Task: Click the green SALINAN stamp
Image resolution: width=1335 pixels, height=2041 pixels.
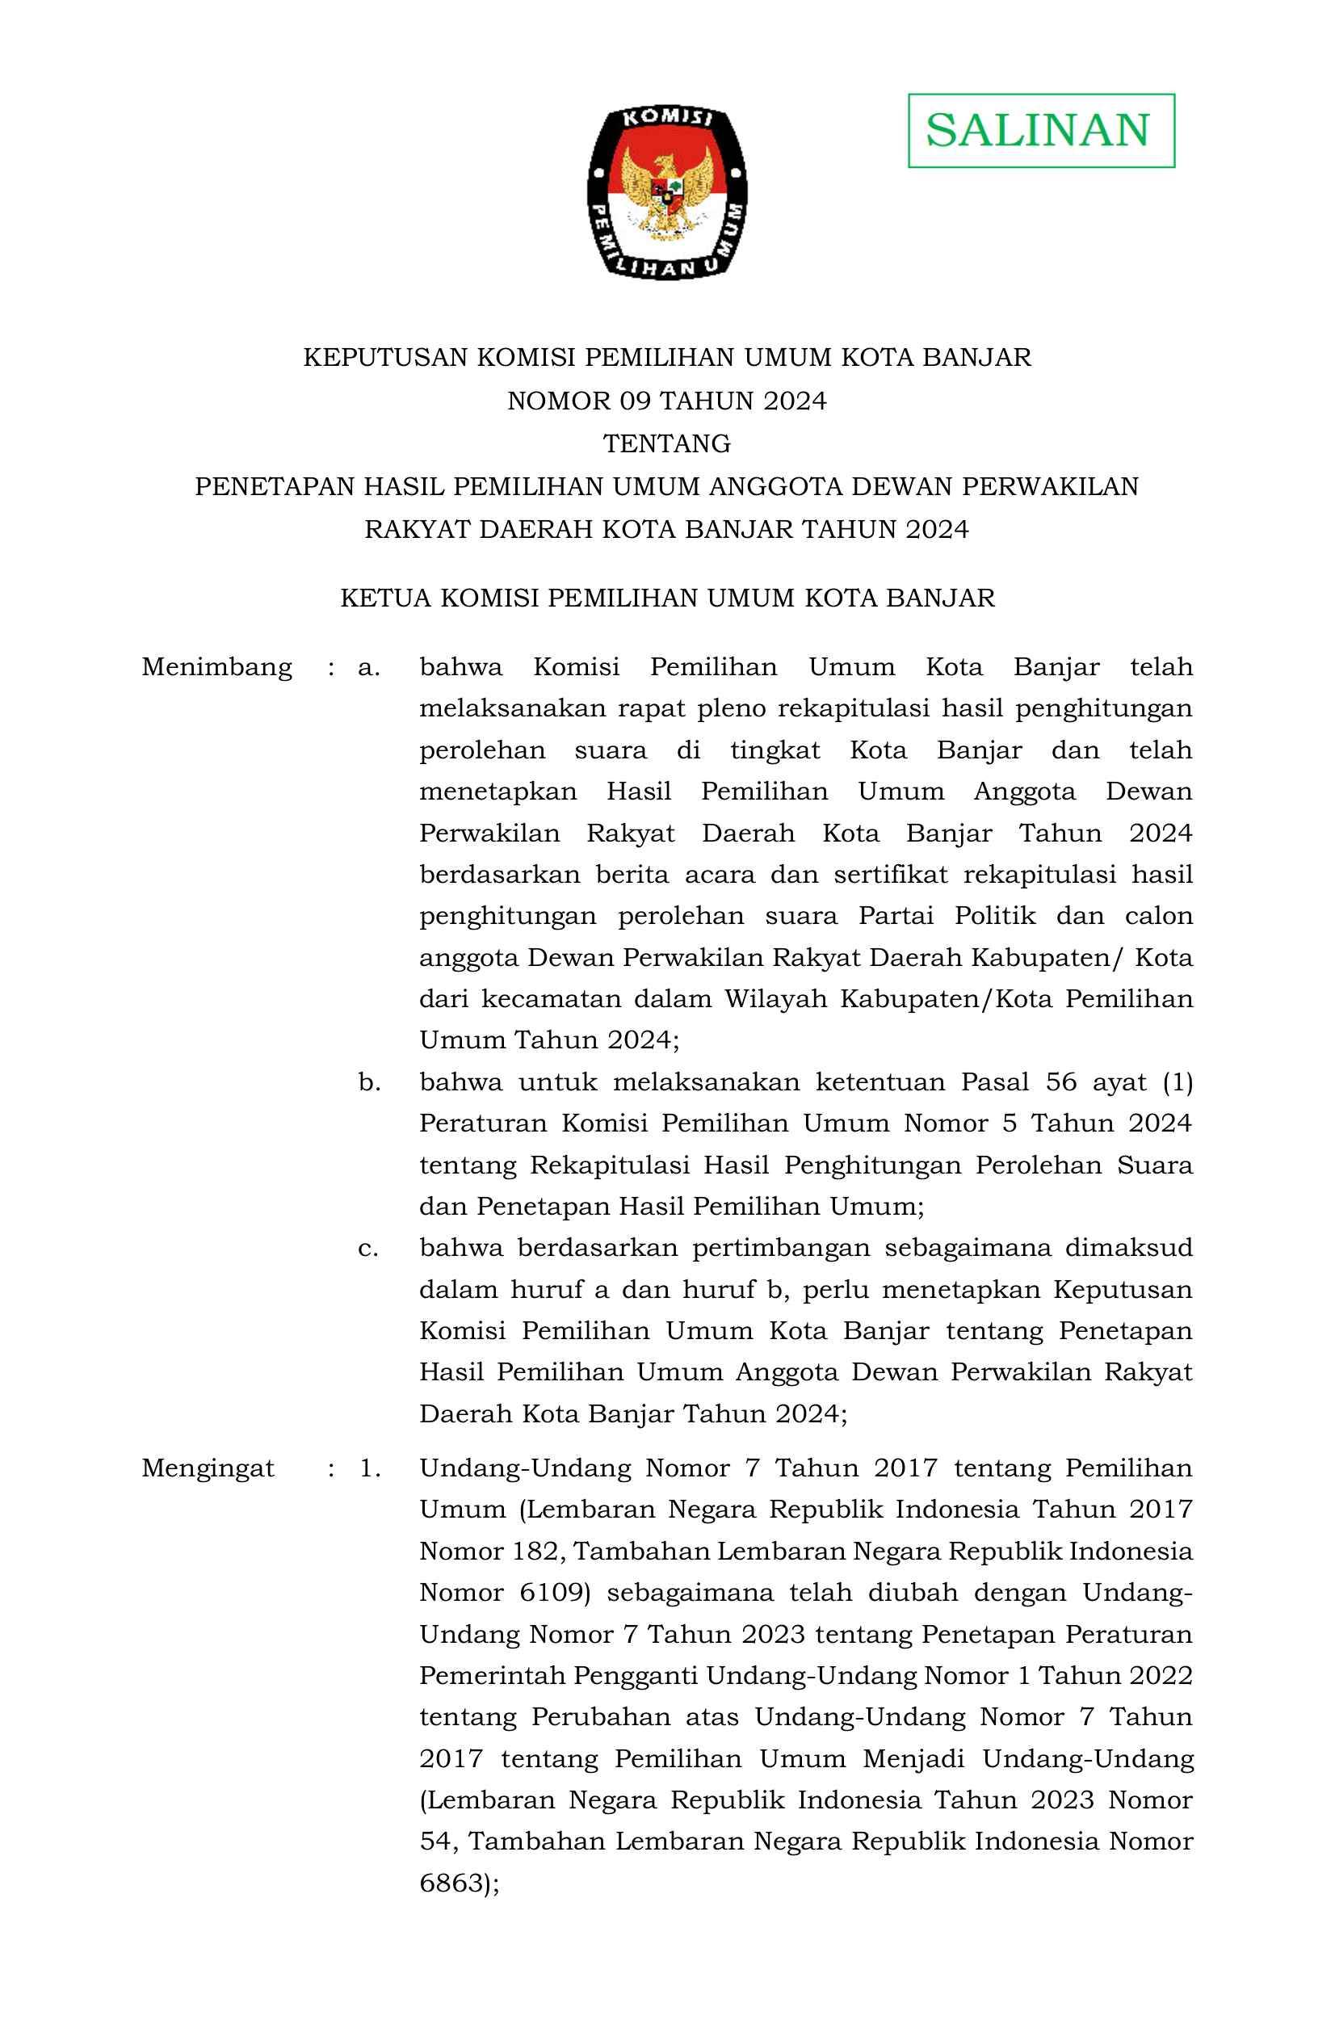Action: pos(1040,130)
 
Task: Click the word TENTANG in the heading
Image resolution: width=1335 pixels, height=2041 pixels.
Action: pos(666,443)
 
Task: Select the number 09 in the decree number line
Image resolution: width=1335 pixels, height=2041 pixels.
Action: pos(635,401)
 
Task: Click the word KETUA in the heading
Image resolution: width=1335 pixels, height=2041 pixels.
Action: pos(385,598)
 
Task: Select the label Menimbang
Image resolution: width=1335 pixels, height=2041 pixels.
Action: pos(216,667)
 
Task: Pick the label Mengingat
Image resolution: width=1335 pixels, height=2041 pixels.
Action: pos(208,1468)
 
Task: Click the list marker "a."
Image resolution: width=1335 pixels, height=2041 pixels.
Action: pos(369,667)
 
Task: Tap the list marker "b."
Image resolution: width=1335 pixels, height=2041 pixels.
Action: pos(370,1082)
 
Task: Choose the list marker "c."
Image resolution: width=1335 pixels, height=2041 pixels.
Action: pos(367,1249)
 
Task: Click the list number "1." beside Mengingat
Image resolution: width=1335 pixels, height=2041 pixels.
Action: pos(370,1468)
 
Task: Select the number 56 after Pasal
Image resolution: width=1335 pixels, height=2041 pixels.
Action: pos(1060,1082)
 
